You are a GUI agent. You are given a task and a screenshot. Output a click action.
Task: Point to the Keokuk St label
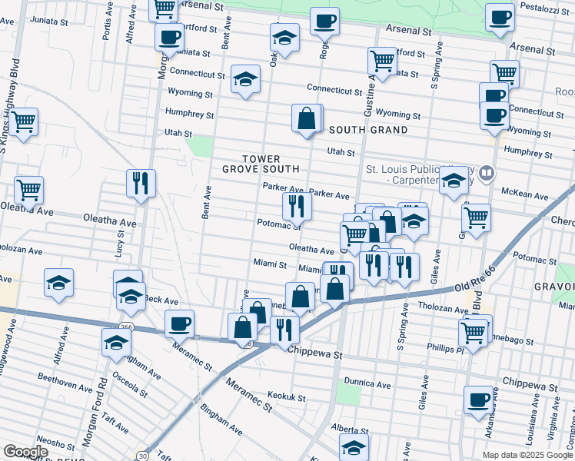pos(287,397)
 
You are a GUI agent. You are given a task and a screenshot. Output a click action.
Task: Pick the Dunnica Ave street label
pos(367,383)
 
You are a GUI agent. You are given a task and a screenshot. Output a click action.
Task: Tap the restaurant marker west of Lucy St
pos(141,183)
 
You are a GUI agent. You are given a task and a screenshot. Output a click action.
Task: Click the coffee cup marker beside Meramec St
pos(179,323)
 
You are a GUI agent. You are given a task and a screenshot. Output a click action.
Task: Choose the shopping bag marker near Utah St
pos(307,119)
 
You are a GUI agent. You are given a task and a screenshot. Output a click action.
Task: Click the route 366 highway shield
pos(128,307)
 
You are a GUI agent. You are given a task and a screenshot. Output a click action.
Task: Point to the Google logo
pos(25,452)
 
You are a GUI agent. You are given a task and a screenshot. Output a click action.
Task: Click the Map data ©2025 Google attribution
pos(527,455)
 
